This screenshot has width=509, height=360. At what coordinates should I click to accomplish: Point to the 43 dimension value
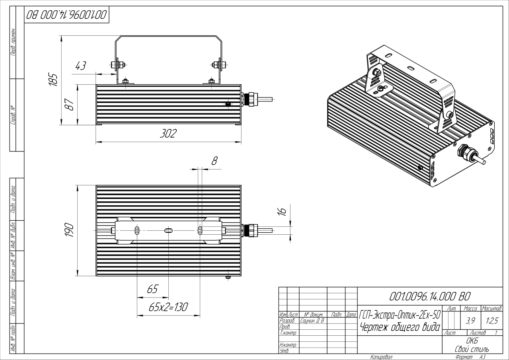pos(81,66)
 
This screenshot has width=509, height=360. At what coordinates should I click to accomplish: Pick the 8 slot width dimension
pos(215,161)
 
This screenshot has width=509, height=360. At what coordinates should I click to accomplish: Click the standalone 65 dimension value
pos(153,289)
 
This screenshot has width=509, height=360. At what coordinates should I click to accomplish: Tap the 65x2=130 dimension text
pos(168,307)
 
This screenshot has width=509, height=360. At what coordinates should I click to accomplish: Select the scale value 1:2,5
pos(491,319)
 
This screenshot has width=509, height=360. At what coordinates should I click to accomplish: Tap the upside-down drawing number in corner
pos(66,16)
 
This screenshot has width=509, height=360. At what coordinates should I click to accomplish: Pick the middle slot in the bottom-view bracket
pos(168,230)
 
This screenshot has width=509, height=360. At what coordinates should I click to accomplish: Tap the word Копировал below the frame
pos(381,357)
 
